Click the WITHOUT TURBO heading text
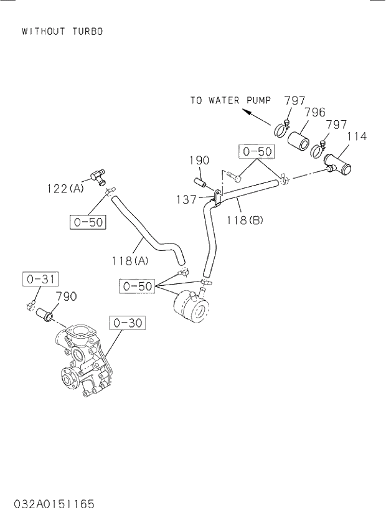62,31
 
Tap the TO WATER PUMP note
230,100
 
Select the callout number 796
315,113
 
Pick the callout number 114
356,136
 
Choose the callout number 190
199,161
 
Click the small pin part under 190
201,183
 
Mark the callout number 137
187,199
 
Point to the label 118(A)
131,262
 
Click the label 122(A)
65,189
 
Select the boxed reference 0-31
40,280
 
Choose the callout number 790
66,296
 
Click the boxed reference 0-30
127,323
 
